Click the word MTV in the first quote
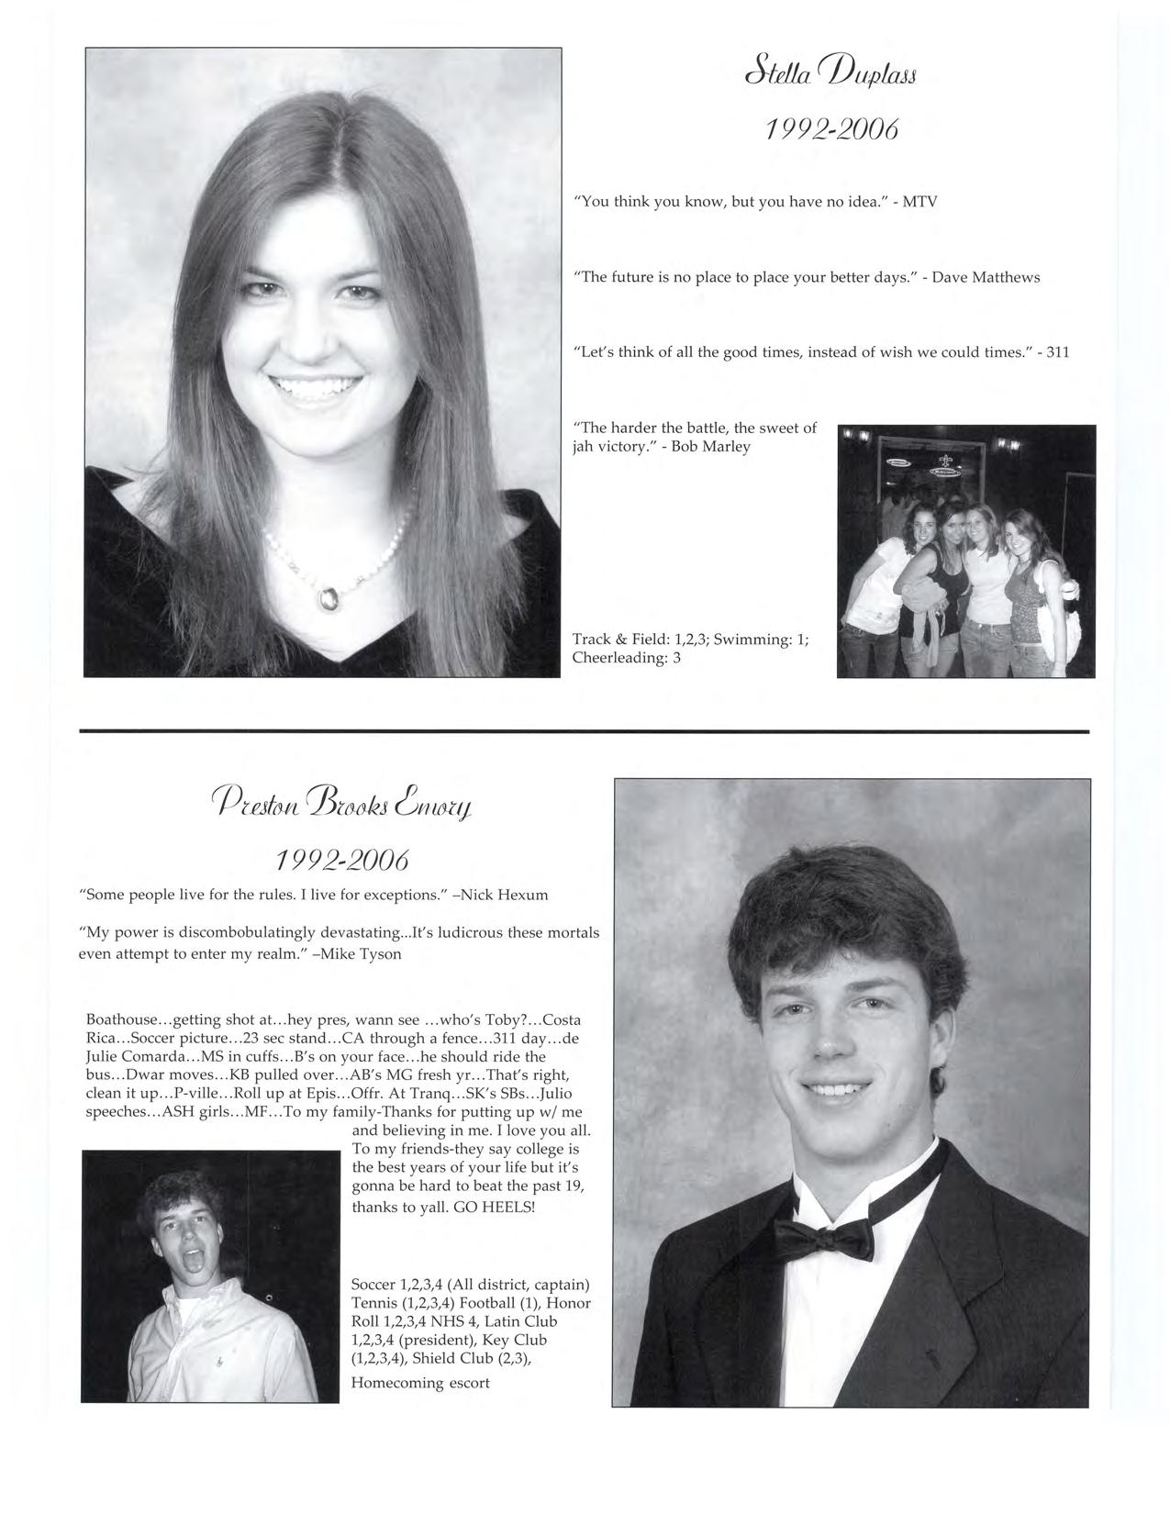(919, 202)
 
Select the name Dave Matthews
(986, 277)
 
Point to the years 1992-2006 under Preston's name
(341, 861)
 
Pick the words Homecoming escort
(420, 1383)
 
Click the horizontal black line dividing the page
(585, 731)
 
